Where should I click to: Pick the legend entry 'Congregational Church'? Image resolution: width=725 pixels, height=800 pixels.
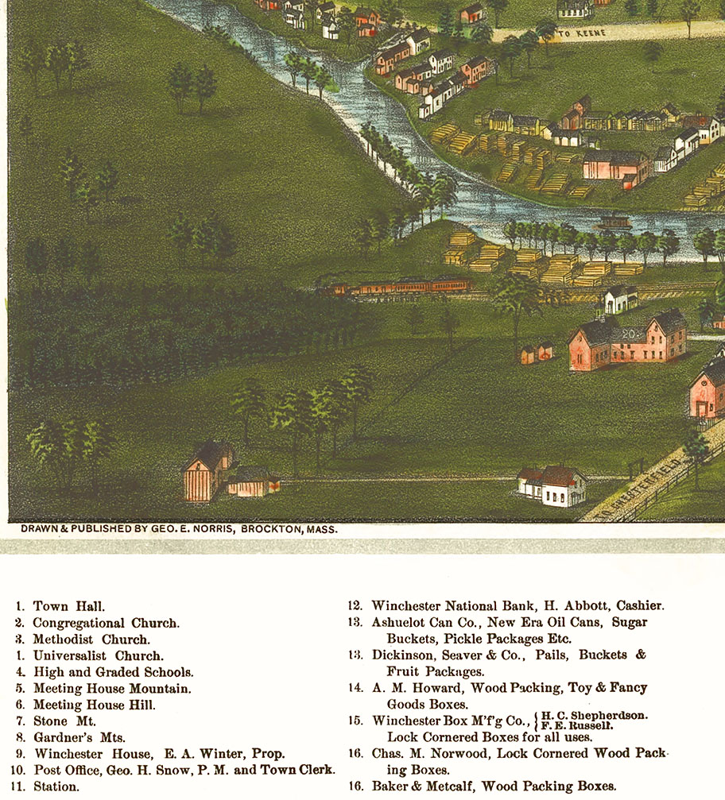coord(106,623)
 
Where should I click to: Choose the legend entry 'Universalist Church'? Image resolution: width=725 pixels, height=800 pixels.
coord(98,655)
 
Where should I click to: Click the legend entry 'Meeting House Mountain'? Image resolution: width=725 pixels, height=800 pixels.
coord(111,688)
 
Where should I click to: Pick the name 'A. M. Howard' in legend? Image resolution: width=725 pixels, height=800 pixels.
coord(414,688)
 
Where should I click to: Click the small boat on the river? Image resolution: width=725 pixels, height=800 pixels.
coord(614,222)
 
